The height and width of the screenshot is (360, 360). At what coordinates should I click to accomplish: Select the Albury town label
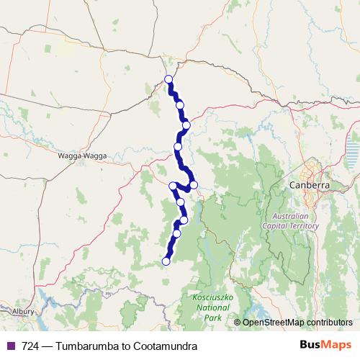click(x=23, y=310)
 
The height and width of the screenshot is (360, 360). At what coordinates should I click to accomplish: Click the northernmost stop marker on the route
click(x=168, y=79)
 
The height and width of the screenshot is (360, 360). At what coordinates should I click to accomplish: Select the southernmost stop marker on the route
click(x=166, y=261)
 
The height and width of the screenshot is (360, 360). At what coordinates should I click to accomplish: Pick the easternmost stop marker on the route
click(x=194, y=185)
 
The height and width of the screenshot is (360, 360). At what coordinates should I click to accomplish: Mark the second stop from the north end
click(x=179, y=105)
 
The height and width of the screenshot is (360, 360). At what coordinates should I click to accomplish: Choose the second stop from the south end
click(x=177, y=233)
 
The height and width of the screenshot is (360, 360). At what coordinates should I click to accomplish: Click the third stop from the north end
click(x=186, y=125)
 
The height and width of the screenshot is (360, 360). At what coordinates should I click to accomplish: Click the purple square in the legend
click(x=11, y=346)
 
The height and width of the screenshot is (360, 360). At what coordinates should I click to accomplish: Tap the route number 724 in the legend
click(x=31, y=346)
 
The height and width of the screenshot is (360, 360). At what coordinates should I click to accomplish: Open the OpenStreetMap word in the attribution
click(x=271, y=323)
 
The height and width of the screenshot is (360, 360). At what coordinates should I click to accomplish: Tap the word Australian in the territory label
click(x=294, y=217)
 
